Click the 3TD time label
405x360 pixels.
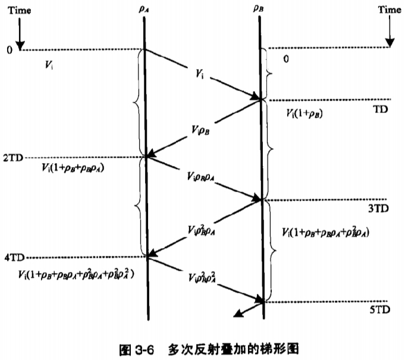click(x=378, y=209)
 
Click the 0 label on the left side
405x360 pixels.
click(x=9, y=50)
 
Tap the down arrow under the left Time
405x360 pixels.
click(x=20, y=37)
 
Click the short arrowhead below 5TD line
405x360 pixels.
click(x=240, y=315)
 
